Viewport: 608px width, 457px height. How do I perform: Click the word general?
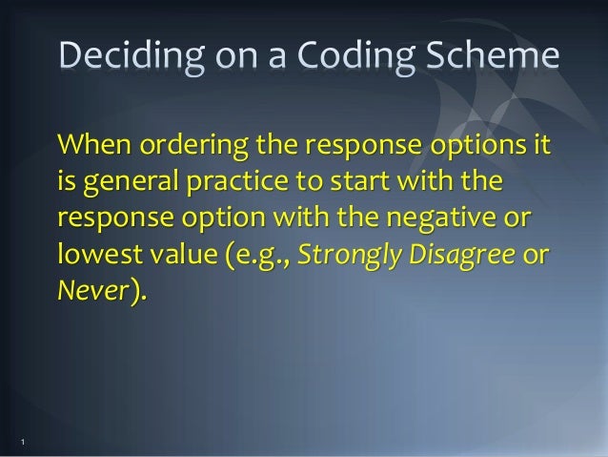tap(127, 186)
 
